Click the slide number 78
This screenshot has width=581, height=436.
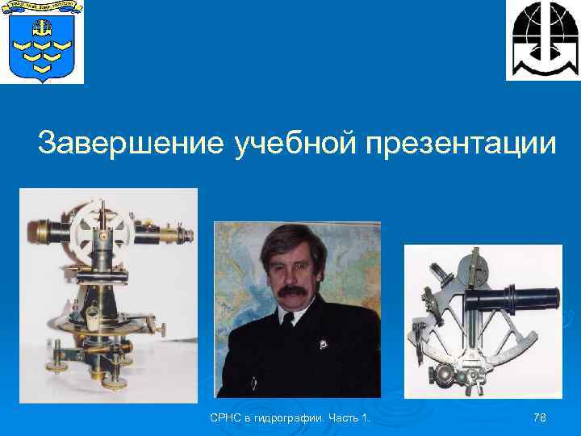pos(541,417)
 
